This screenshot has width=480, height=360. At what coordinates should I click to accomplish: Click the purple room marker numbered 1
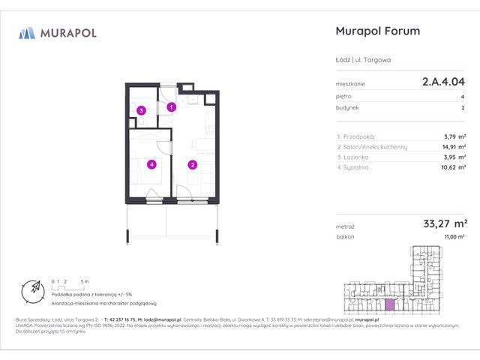tap(171, 107)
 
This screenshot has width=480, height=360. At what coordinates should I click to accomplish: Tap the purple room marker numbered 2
tap(192, 165)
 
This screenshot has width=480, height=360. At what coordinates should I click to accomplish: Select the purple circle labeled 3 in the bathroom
tap(140, 111)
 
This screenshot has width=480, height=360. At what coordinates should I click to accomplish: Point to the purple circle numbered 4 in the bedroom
tap(151, 164)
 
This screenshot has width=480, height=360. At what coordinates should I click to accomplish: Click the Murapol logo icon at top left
tap(27, 33)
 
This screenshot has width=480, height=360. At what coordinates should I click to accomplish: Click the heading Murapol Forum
tap(375, 31)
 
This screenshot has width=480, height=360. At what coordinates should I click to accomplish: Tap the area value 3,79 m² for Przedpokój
tap(453, 136)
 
